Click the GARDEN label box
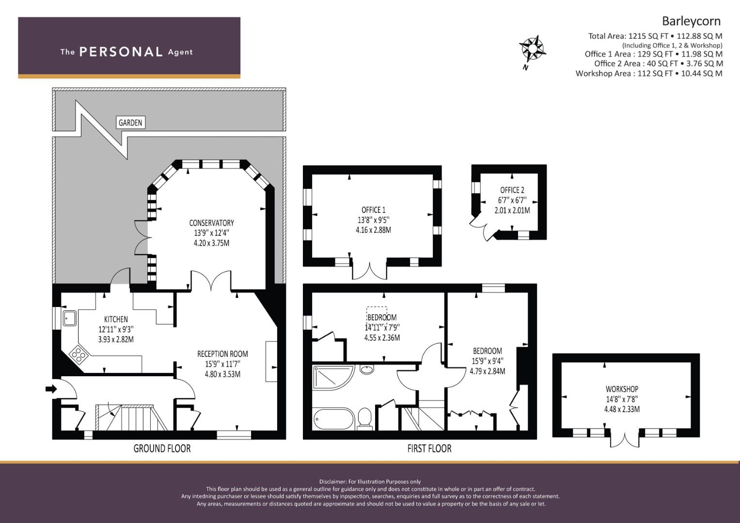(130, 123)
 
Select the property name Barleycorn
(691, 21)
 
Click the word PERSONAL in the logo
(121, 52)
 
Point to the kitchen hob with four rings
(79, 354)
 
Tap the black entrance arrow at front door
(51, 389)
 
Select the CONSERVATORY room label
(211, 223)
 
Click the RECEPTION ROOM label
(222, 354)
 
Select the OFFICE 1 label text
(373, 210)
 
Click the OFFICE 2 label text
(512, 190)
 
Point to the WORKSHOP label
(622, 389)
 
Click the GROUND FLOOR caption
(162, 448)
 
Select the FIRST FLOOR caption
(429, 448)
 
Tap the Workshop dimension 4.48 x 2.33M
(622, 409)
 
